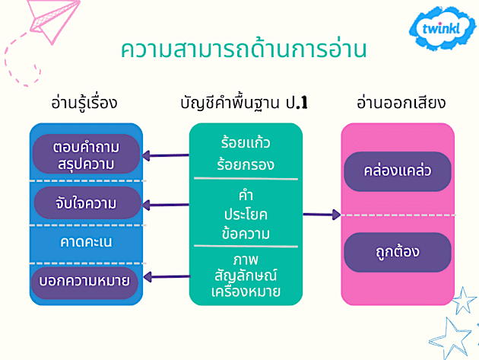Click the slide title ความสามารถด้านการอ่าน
click(244, 50)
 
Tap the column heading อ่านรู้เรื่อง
click(84, 103)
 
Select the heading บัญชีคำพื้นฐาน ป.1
click(246, 103)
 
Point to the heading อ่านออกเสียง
click(401, 103)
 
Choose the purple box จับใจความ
click(86, 203)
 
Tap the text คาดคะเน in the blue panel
click(86, 243)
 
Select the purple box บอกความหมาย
click(86, 281)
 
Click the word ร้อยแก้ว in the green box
click(245, 142)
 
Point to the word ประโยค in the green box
click(245, 214)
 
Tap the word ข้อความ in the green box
click(245, 232)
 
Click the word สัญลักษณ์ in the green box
click(245, 275)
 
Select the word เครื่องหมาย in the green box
click(245, 292)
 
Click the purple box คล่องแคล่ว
click(398, 170)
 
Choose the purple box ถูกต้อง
click(398, 251)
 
